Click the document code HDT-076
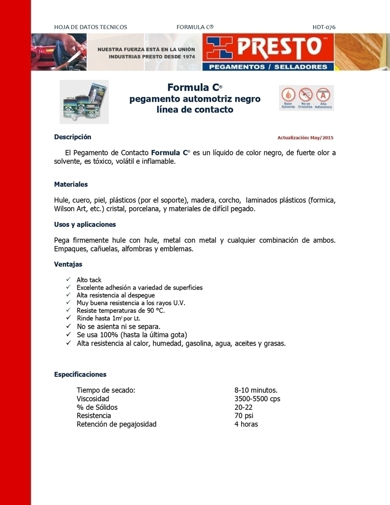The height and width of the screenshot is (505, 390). click(324, 27)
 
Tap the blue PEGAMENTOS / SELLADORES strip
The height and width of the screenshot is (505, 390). click(269, 67)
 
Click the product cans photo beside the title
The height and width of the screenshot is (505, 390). click(84, 102)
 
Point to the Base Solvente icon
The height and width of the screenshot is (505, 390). click(288, 97)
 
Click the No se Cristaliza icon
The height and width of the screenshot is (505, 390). click(306, 97)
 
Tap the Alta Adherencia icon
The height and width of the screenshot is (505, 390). click(323, 97)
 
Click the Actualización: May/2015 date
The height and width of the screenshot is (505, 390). click(305, 138)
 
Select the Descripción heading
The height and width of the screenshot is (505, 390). click(72, 137)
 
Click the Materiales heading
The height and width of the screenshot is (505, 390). click(71, 184)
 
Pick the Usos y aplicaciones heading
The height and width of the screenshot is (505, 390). click(85, 224)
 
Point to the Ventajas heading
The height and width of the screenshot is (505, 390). click(68, 264)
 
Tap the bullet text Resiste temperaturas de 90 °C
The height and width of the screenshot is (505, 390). click(120, 311)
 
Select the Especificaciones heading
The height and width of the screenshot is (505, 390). click(80, 374)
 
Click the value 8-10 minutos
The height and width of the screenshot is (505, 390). click(256, 390)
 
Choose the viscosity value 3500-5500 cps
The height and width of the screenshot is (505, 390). click(257, 398)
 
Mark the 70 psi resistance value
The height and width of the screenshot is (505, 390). click(244, 416)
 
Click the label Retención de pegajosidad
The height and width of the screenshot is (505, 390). click(116, 424)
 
